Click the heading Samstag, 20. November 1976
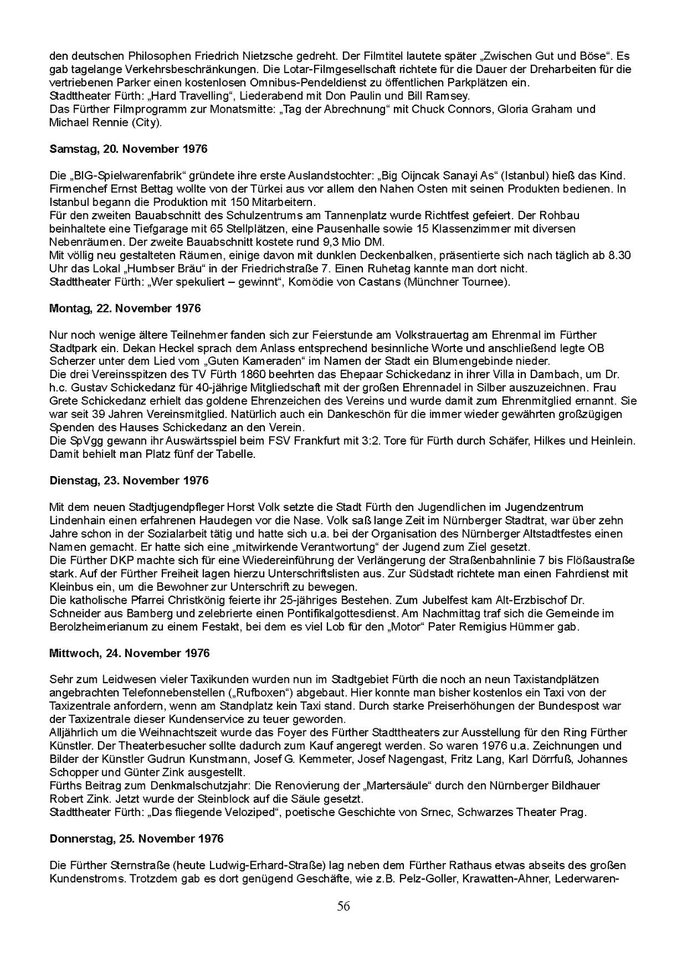[128, 149]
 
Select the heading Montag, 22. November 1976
[125, 308]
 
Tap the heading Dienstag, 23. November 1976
[129, 481]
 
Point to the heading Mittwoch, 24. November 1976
[129, 653]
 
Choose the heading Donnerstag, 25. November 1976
[136, 839]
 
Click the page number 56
[343, 907]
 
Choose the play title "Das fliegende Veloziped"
[204, 813]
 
